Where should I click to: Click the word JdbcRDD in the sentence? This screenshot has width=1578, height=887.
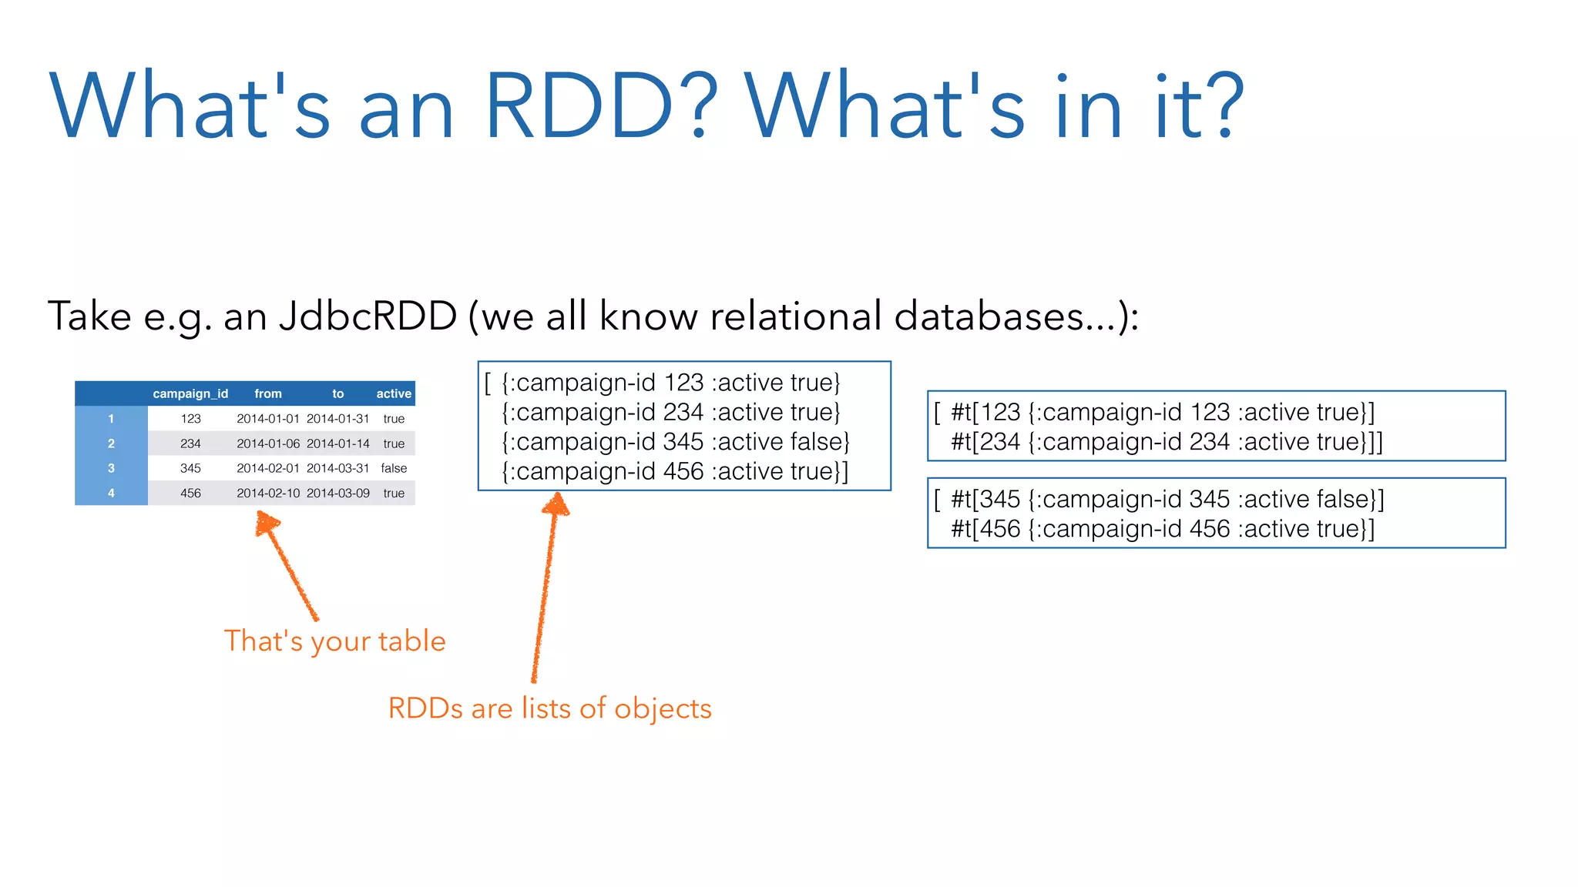(x=368, y=316)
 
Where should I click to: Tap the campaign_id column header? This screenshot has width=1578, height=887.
(x=190, y=393)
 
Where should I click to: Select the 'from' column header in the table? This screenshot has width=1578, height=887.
(x=268, y=393)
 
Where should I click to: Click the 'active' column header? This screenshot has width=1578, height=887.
(x=394, y=393)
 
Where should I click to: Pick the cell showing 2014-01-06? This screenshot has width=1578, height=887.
(x=268, y=443)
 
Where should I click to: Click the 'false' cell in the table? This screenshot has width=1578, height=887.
(x=394, y=468)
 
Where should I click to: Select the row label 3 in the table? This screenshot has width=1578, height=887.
(x=111, y=468)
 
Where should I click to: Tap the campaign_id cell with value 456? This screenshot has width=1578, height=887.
(x=190, y=493)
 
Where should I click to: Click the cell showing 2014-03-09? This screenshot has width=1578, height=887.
(x=338, y=493)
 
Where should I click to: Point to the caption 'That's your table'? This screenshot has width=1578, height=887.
(x=334, y=641)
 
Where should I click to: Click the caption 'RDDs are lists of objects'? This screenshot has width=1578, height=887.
(x=549, y=708)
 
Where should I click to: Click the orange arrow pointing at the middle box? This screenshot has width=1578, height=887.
(x=546, y=585)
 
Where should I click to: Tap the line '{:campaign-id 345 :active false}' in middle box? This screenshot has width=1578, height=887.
(x=676, y=442)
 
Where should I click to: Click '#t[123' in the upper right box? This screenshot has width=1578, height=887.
(x=985, y=413)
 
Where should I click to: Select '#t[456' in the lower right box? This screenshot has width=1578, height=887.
(x=985, y=529)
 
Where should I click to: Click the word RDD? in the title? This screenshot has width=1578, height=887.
(x=602, y=106)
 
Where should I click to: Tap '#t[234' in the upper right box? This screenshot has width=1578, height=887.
(x=985, y=442)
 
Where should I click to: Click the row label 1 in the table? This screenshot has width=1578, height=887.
(x=111, y=419)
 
